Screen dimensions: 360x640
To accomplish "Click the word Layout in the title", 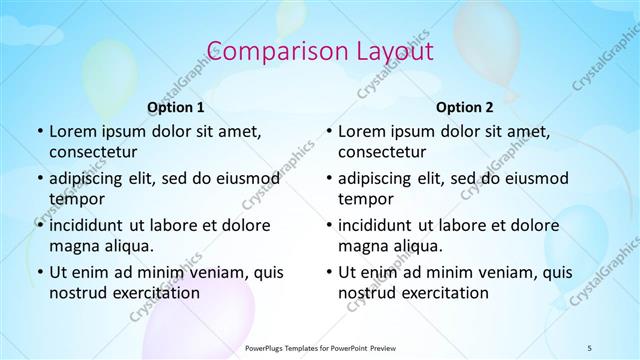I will pyautogui.click(x=386, y=50).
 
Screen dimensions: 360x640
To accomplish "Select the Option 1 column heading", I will pyautogui.click(x=176, y=106).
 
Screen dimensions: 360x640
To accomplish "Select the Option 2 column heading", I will pyautogui.click(x=465, y=106).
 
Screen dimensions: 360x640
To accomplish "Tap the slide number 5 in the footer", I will pyautogui.click(x=590, y=347).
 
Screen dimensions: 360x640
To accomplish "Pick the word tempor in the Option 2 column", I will pyautogui.click(x=362, y=199).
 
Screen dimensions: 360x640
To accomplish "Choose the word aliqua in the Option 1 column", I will pyautogui.click(x=126, y=246).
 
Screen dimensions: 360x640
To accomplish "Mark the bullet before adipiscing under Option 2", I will pyautogui.click(x=328, y=178).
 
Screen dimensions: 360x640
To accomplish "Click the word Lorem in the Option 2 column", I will pyautogui.click(x=361, y=131).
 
